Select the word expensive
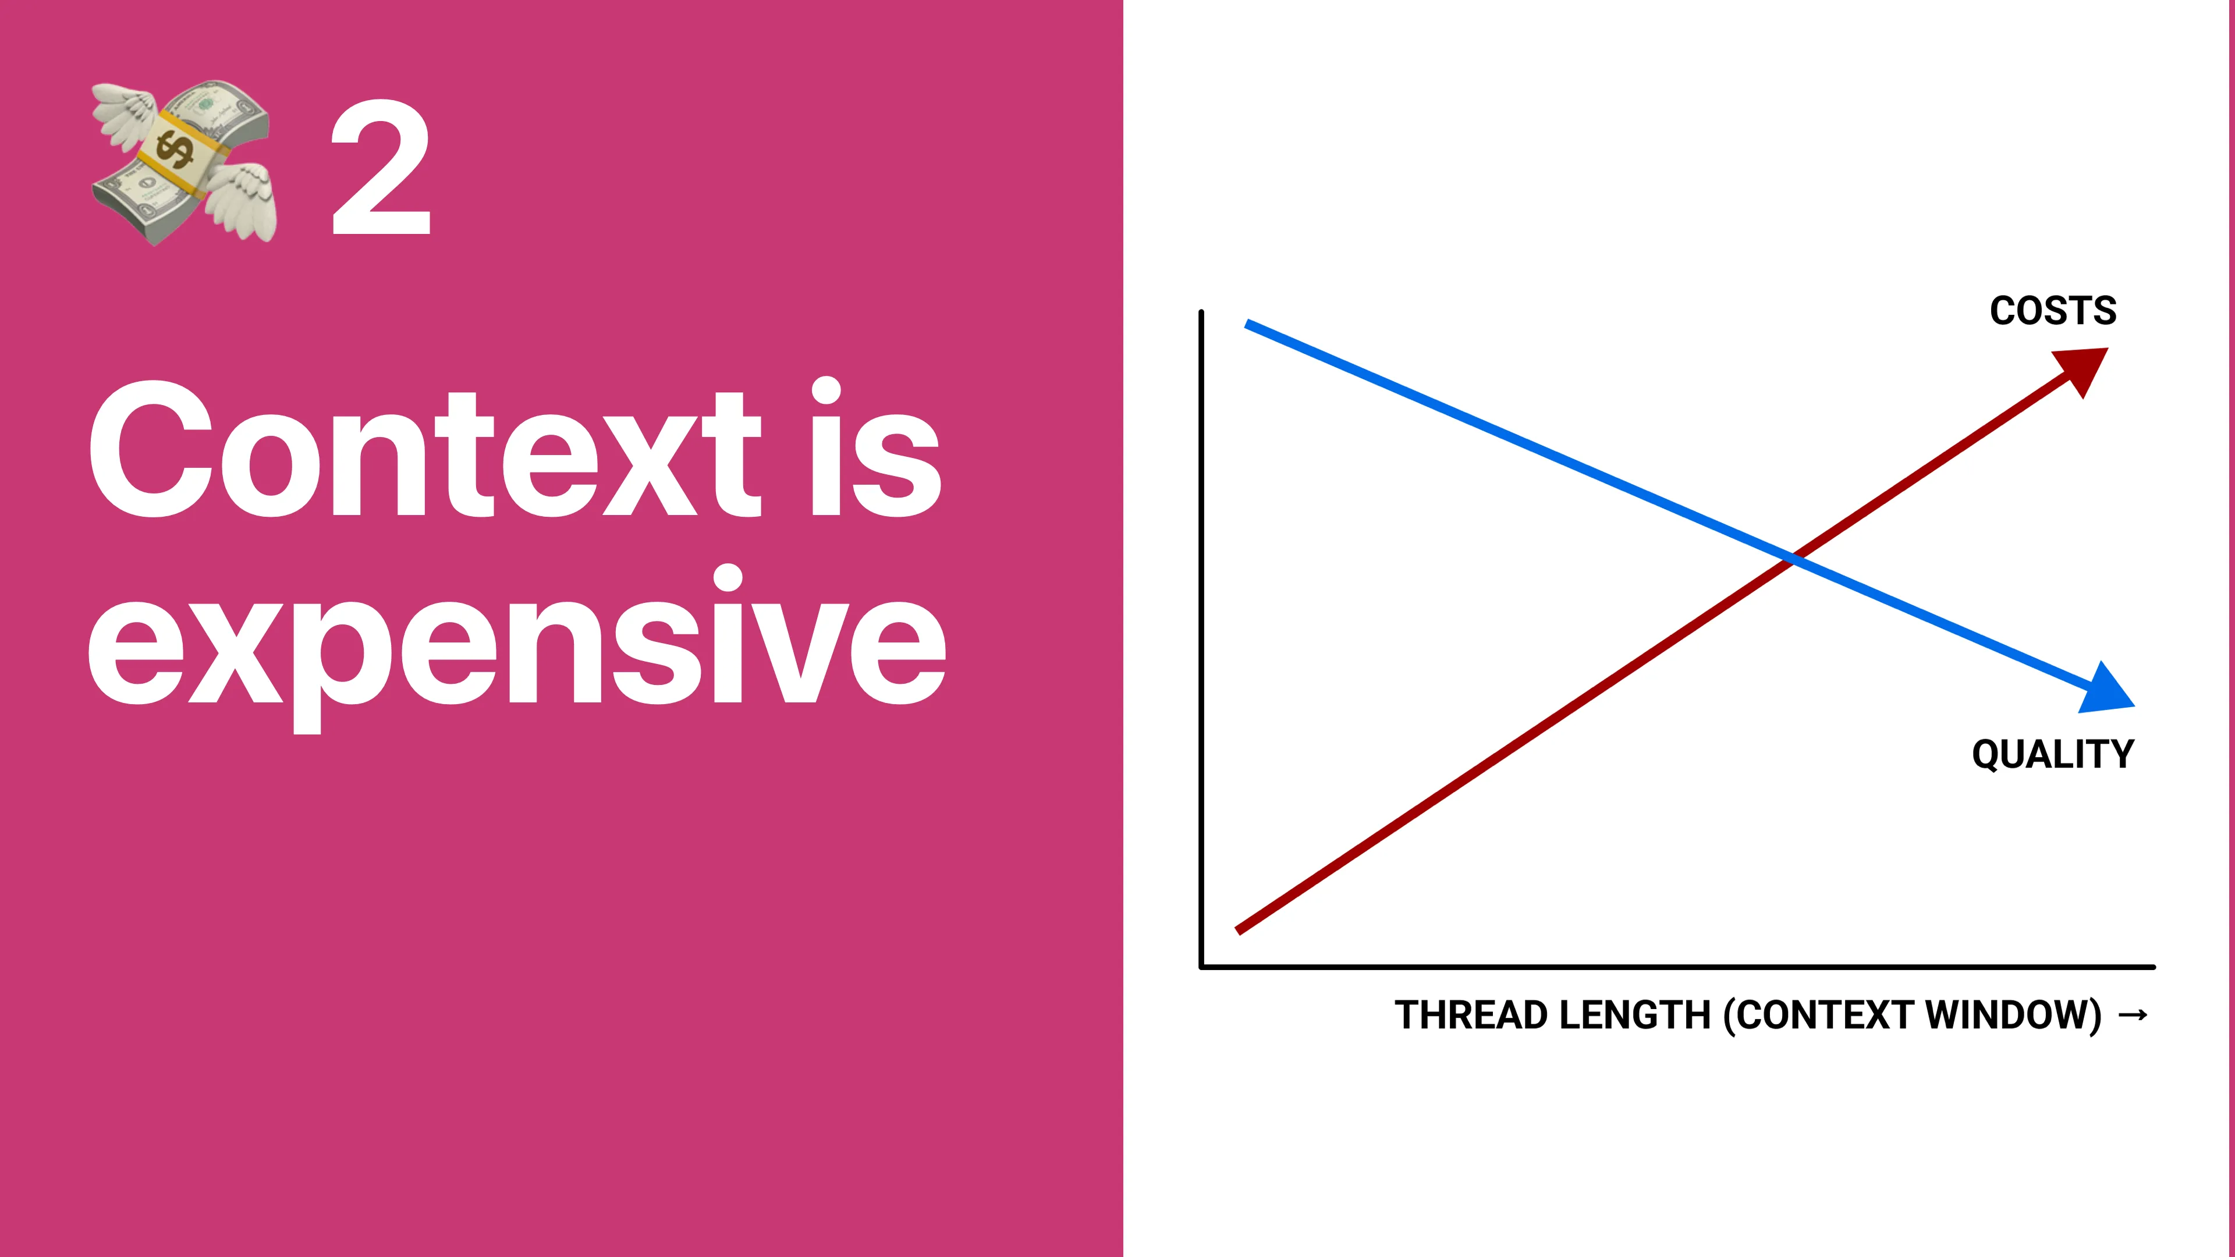(x=516, y=647)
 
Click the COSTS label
(x=2053, y=311)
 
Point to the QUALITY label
(x=2053, y=754)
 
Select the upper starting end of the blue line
(x=1248, y=325)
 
